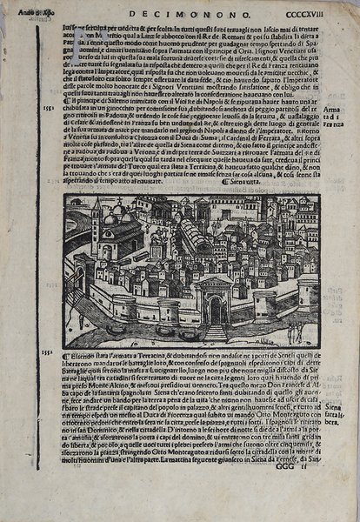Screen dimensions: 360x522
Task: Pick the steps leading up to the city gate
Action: pyautogui.click(x=215, y=331)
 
